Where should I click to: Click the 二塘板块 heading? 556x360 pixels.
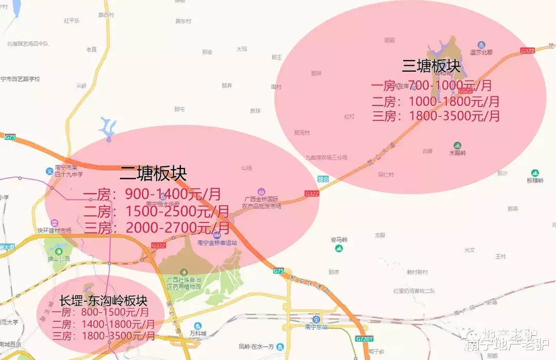point(153,173)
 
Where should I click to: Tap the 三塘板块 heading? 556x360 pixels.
point(431,65)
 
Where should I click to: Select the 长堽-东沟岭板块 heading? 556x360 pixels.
point(103,300)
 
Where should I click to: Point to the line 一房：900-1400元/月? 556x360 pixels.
point(152,194)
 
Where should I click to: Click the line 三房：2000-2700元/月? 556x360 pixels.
point(157,227)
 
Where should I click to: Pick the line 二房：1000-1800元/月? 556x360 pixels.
point(435,101)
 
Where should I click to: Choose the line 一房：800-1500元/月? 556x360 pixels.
point(100,312)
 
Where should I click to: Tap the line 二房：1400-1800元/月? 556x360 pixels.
point(103,324)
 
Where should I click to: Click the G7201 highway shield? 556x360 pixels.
point(363,339)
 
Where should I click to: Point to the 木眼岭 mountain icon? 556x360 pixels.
point(457,146)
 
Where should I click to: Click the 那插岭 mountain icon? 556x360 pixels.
point(535,173)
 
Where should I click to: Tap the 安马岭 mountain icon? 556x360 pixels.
point(339,248)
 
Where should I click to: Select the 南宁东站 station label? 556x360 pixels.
point(316,326)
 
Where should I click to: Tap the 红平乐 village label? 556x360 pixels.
point(72,21)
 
